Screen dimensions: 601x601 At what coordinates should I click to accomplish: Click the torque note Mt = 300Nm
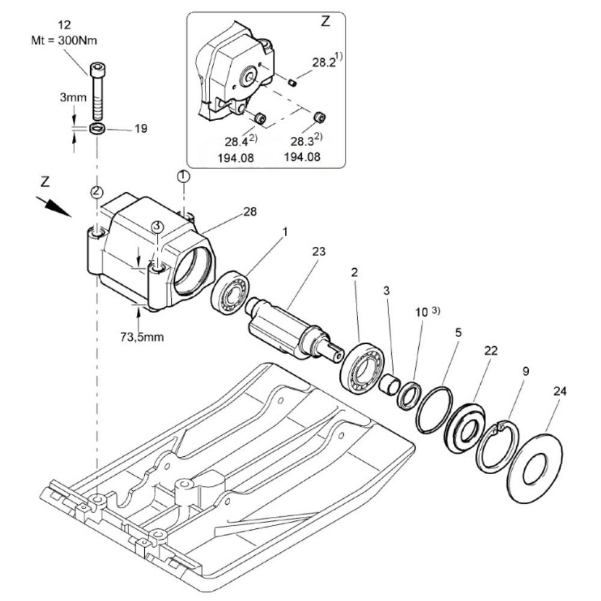pyautogui.click(x=64, y=40)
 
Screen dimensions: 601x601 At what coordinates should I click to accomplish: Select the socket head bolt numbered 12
pyautogui.click(x=97, y=91)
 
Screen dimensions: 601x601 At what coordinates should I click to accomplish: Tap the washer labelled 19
pyautogui.click(x=97, y=129)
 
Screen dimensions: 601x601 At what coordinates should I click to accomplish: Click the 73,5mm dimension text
pyautogui.click(x=142, y=337)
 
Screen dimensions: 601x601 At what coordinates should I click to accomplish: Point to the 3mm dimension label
pyautogui.click(x=73, y=97)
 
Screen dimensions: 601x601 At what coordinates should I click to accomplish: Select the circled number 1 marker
pyautogui.click(x=183, y=176)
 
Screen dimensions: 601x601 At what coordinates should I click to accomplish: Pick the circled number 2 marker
pyautogui.click(x=97, y=191)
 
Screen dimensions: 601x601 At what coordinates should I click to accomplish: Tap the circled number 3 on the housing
pyautogui.click(x=157, y=226)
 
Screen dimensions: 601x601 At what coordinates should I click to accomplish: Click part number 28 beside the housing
pyautogui.click(x=250, y=212)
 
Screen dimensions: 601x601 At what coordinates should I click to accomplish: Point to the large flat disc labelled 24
pyautogui.click(x=535, y=468)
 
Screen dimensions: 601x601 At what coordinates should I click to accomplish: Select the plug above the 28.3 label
pyautogui.click(x=319, y=117)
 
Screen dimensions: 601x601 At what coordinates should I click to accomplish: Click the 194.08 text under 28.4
pyautogui.click(x=236, y=157)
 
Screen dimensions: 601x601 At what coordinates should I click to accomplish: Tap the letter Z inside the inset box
pyautogui.click(x=325, y=22)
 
